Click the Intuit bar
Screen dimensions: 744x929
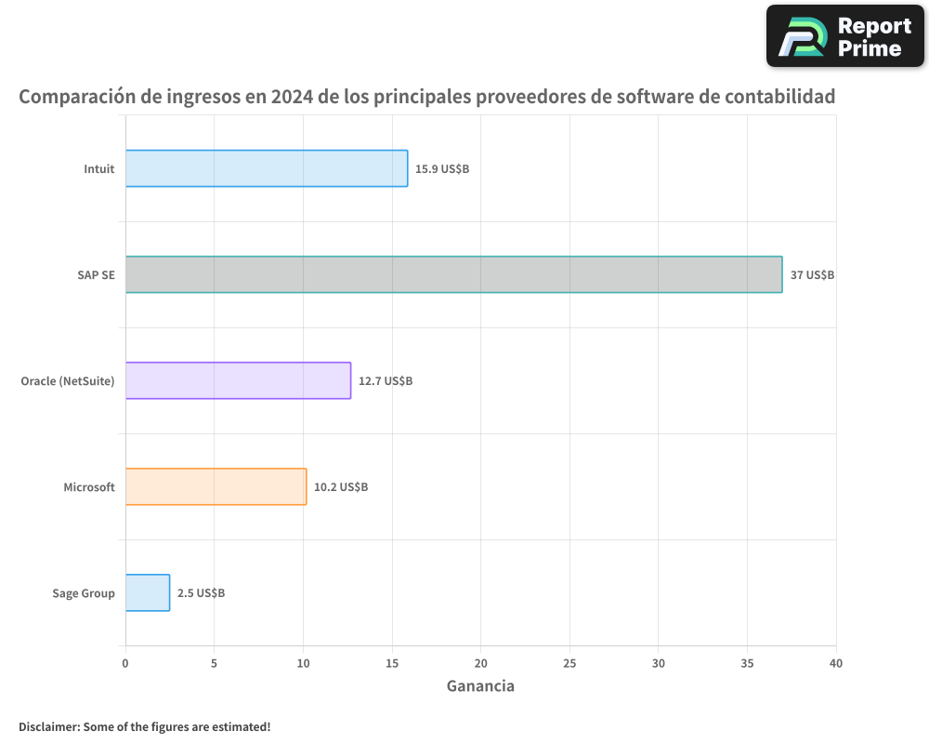pyautogui.click(x=267, y=168)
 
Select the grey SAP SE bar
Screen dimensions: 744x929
pyautogui.click(x=453, y=274)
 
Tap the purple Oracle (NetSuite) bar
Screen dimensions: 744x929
pyautogui.click(x=238, y=380)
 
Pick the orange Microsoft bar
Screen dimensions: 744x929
pyautogui.click(x=216, y=486)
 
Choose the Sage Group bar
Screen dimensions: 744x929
pyautogui.click(x=148, y=592)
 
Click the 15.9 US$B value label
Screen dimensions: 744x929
pyautogui.click(x=442, y=169)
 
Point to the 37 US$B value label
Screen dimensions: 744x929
pyautogui.click(x=812, y=275)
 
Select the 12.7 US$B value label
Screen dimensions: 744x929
pyautogui.click(x=386, y=381)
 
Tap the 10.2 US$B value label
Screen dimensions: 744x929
pyautogui.click(x=341, y=487)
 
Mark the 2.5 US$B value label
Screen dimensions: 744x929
pyautogui.click(x=201, y=593)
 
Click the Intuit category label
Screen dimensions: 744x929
pyautogui.click(x=99, y=169)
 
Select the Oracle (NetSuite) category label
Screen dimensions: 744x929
pyautogui.click(x=68, y=381)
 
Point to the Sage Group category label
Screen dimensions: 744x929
pyautogui.click(x=84, y=593)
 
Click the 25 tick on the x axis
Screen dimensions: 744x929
pyautogui.click(x=569, y=663)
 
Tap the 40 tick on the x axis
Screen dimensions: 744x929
pyautogui.click(x=835, y=663)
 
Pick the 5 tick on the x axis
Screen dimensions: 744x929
pyautogui.click(x=214, y=663)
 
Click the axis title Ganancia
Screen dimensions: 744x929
pyautogui.click(x=480, y=686)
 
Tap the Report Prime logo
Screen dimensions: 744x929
pyautogui.click(x=845, y=36)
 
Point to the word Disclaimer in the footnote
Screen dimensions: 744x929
pyautogui.click(x=47, y=726)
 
